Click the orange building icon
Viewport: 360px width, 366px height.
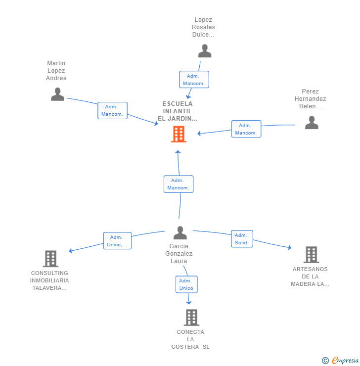pos(179,134)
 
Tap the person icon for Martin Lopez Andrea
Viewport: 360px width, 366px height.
pos(58,94)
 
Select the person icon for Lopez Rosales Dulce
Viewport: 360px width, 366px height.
pos(205,50)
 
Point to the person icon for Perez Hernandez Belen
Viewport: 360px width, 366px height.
pos(312,123)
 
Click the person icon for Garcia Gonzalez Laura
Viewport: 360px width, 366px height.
pos(180,233)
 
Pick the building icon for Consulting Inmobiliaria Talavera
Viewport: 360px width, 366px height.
pos(50,259)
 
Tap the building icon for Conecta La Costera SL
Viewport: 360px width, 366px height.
pos(191,318)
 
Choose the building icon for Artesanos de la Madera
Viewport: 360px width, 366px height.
pos(312,255)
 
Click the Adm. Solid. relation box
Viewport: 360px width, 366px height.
pos(242,239)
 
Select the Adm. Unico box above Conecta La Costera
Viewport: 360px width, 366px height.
pos(186,284)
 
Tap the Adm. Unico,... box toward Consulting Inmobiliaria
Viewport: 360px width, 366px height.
pos(117,241)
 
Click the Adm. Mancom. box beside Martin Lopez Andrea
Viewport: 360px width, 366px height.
pos(112,110)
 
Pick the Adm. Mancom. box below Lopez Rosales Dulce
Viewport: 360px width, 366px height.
pos(194,79)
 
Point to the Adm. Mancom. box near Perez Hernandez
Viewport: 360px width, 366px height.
pos(246,129)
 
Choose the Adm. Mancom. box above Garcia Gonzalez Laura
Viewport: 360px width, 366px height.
pos(179,184)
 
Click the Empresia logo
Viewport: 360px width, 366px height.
pos(340,361)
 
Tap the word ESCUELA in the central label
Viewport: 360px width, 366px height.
pos(178,104)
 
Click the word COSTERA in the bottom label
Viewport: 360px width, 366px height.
pos(185,347)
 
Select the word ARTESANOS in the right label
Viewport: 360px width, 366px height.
pos(310,269)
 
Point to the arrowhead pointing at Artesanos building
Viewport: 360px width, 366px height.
pos(290,247)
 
